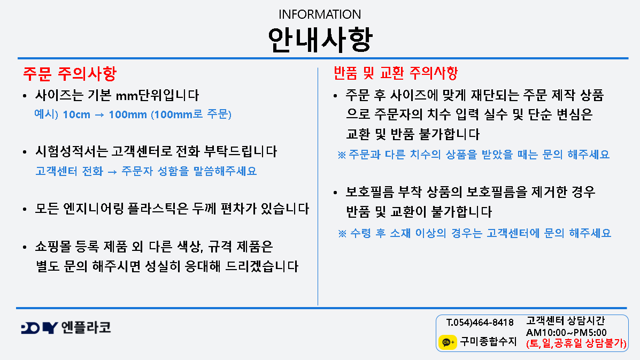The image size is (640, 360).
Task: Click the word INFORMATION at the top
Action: [320, 14]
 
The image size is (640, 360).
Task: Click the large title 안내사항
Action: [320, 40]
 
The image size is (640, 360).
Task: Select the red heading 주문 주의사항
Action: [70, 74]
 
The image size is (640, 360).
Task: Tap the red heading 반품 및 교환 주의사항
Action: [396, 73]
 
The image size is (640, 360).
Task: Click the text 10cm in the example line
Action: [76, 114]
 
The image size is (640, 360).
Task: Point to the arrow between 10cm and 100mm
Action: [99, 115]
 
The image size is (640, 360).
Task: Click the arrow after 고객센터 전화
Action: [112, 172]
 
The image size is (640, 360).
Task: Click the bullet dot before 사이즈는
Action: [25, 96]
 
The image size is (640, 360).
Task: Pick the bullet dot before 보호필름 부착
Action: [335, 193]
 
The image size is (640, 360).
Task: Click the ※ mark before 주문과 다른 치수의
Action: [342, 155]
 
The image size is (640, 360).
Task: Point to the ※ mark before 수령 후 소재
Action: [342, 233]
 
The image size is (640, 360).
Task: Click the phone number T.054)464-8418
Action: [480, 323]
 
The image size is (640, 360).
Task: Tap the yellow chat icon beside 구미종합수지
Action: [448, 342]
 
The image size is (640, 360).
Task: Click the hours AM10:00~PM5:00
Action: [566, 333]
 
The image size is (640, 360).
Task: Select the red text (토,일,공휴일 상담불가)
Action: [576, 343]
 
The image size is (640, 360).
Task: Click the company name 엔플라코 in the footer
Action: [86, 327]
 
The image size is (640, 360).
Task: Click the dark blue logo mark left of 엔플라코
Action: [39, 328]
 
